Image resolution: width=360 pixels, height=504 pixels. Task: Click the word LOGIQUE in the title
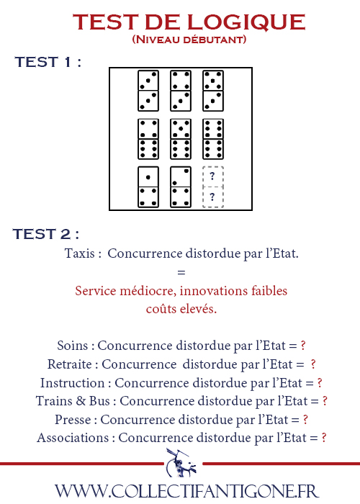tap(246, 22)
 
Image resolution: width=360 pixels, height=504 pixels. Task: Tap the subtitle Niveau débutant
tap(189, 40)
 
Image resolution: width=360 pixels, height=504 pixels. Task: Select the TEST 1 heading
tap(48, 62)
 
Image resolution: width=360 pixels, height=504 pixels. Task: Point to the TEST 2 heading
tap(45, 234)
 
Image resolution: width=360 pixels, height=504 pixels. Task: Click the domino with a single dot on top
tap(148, 187)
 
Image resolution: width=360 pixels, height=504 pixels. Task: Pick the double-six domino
tap(213, 139)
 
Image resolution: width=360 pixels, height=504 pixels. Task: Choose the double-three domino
tap(148, 91)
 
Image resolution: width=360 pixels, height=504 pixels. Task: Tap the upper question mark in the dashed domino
tap(212, 176)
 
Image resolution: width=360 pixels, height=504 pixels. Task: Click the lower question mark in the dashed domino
tap(212, 197)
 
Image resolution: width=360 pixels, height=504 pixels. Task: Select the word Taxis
tap(80, 253)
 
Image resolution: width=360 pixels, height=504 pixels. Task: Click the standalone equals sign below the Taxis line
tap(181, 273)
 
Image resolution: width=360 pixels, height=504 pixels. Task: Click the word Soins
tap(72, 346)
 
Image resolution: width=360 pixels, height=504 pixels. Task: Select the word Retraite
tap(69, 364)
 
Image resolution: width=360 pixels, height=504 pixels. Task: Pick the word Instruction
tap(72, 383)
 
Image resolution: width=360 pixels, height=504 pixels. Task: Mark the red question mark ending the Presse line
tap(305, 420)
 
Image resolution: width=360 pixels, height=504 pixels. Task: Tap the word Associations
tap(73, 438)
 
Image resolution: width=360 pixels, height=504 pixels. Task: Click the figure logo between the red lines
tap(182, 463)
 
